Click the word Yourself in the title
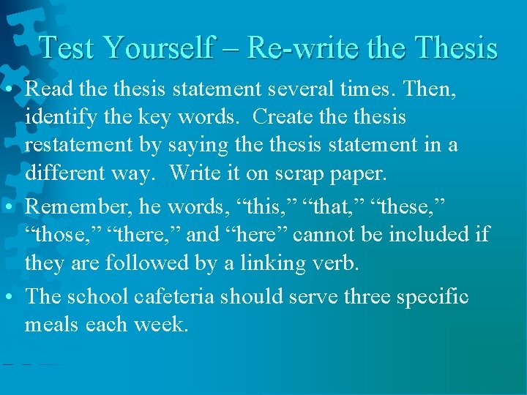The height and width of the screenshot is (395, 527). click(x=157, y=48)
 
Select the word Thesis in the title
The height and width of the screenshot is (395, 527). click(x=455, y=48)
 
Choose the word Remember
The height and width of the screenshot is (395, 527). click(x=75, y=207)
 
